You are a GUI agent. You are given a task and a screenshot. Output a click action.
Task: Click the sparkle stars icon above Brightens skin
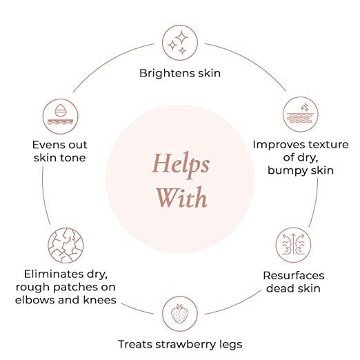click(180, 43)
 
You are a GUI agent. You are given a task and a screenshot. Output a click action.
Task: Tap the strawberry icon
click(180, 314)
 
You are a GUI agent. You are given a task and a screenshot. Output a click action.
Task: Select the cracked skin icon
click(66, 246)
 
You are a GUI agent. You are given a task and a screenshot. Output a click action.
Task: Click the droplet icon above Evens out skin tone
click(60, 117)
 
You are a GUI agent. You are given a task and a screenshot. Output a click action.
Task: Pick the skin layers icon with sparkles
click(301, 114)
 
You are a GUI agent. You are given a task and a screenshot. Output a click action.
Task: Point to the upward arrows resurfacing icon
click(293, 245)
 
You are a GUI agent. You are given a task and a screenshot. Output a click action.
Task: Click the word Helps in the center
click(181, 165)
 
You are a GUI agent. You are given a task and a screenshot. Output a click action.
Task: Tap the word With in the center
click(181, 197)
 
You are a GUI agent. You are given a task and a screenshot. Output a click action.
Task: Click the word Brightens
click(165, 73)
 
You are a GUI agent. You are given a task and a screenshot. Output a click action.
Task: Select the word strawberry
click(186, 345)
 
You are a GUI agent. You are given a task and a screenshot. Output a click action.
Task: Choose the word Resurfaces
click(294, 275)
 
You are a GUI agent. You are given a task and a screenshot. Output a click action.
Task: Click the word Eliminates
click(54, 274)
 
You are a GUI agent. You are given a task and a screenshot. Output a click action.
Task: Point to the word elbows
click(35, 300)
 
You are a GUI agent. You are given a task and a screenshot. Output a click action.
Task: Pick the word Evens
click(46, 145)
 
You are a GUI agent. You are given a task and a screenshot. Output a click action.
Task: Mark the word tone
click(73, 158)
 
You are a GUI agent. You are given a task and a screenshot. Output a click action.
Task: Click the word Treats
click(135, 344)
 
